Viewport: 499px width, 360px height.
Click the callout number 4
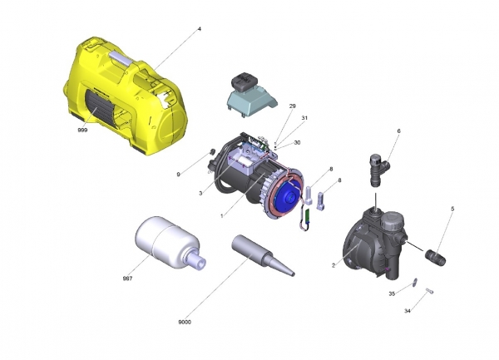(200, 29)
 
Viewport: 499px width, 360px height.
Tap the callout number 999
(82, 130)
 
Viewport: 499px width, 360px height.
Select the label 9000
(185, 322)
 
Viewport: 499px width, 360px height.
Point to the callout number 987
(127, 279)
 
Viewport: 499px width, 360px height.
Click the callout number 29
(293, 106)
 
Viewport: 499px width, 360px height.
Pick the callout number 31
(304, 118)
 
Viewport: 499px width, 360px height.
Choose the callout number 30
(297, 143)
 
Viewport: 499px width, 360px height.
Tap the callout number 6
(398, 131)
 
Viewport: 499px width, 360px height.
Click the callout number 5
(452, 209)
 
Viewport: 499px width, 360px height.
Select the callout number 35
(392, 293)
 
